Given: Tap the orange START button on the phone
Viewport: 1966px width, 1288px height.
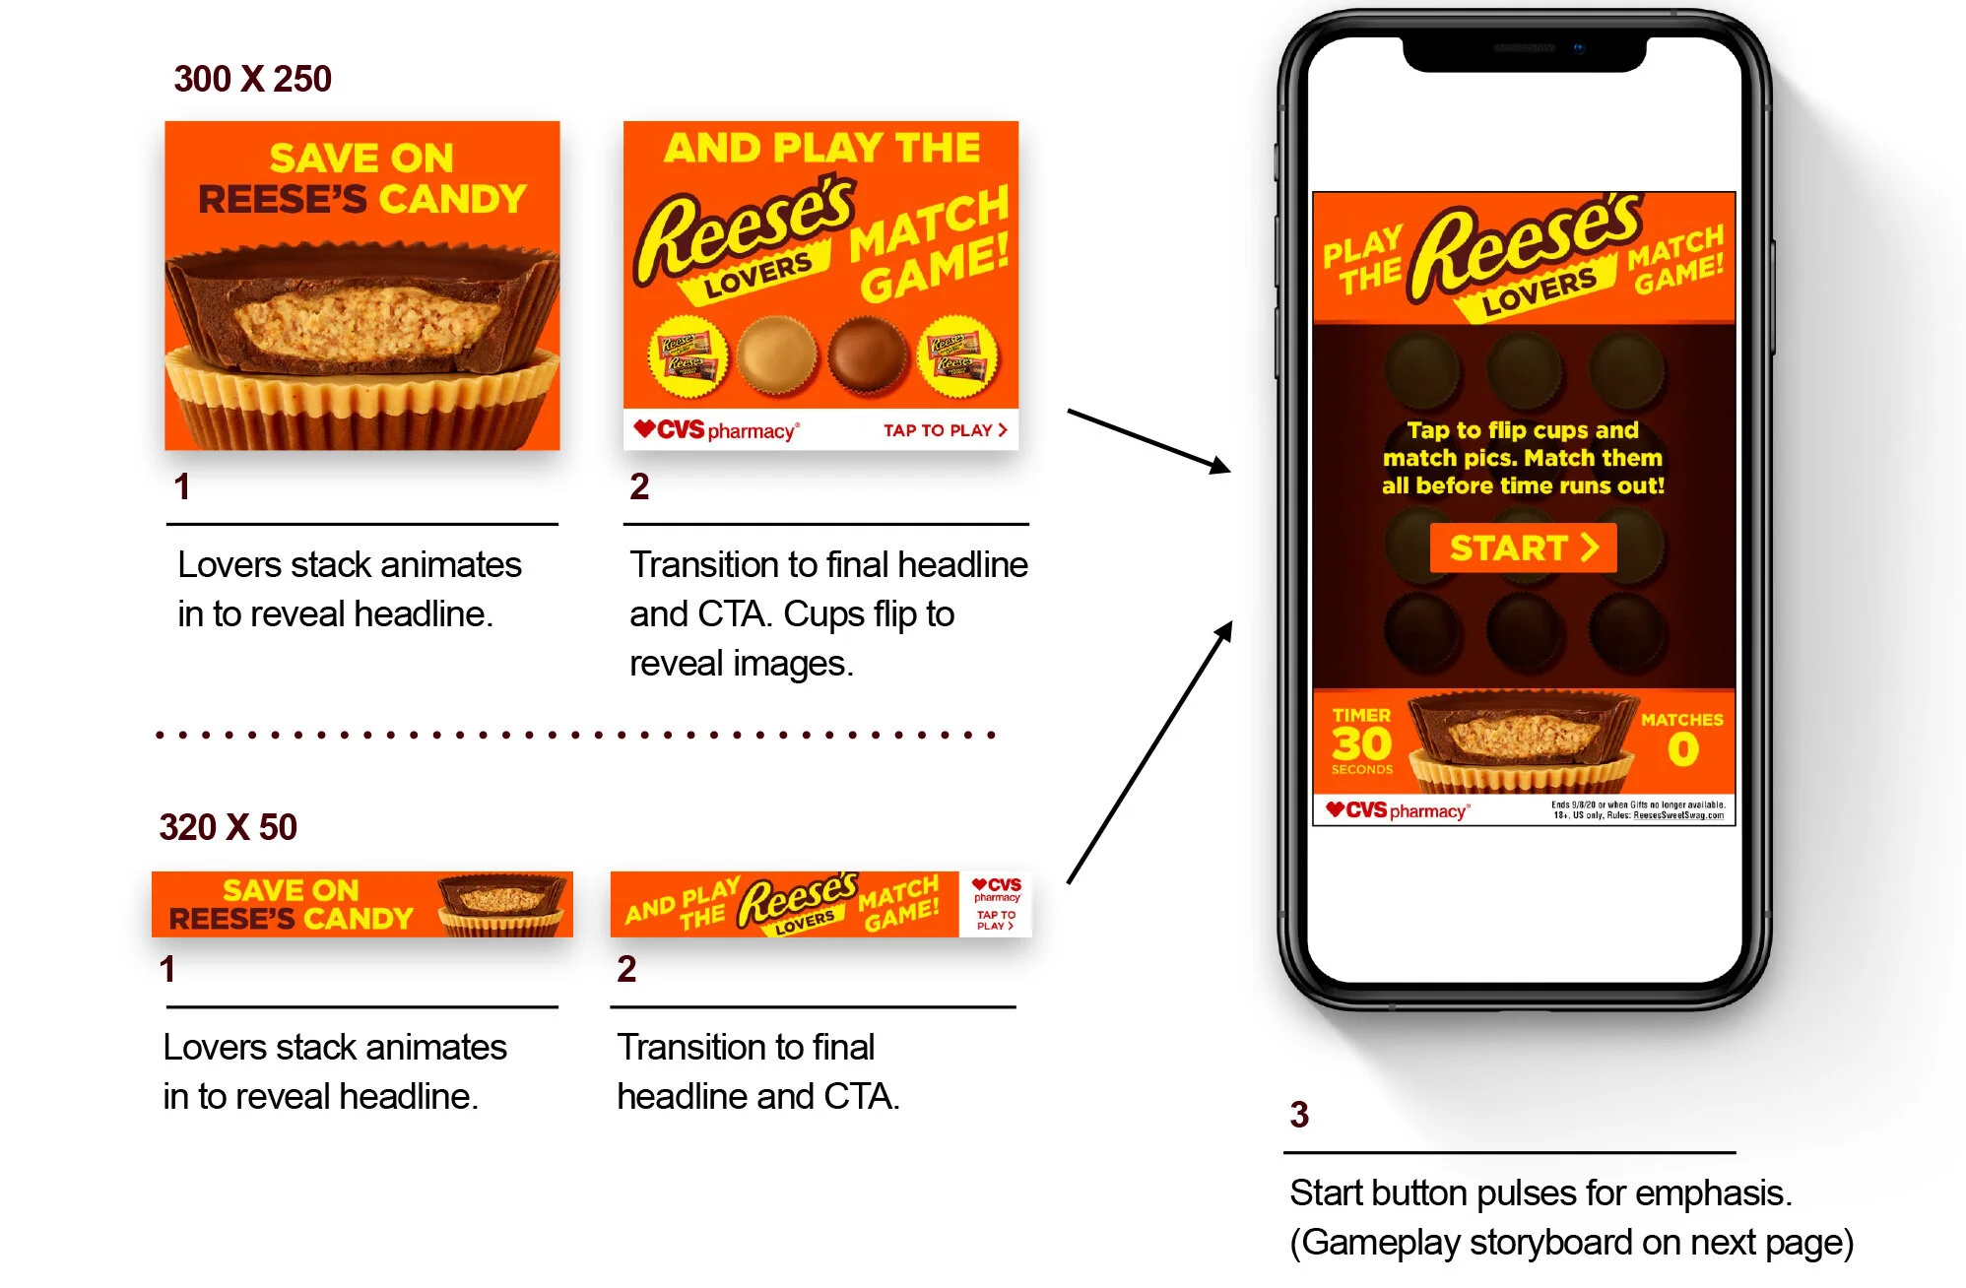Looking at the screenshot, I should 1523,547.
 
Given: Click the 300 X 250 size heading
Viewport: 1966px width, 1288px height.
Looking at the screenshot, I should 252,79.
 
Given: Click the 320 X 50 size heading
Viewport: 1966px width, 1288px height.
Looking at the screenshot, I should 228,827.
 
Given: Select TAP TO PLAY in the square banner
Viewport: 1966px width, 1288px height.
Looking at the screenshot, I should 944,430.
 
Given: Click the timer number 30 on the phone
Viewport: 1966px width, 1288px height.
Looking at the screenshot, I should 1361,743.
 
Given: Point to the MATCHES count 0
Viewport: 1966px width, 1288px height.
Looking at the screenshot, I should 1682,750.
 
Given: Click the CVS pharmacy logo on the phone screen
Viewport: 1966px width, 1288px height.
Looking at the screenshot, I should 1397,810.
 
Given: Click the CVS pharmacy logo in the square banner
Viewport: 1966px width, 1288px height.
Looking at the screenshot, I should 716,430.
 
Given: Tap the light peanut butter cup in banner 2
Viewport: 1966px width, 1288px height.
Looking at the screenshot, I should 777,354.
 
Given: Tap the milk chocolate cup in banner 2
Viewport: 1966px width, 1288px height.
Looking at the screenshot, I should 867,354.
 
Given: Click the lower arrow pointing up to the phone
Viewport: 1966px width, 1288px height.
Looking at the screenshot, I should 1150,753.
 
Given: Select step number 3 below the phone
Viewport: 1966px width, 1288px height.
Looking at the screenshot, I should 1299,1115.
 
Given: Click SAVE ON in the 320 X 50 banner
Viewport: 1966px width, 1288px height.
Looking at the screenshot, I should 291,890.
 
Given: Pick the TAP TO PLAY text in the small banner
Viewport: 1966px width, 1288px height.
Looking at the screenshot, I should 996,920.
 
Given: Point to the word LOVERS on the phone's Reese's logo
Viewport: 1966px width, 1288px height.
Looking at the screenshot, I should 1540,292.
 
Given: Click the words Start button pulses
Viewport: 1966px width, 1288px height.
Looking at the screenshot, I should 1428,1193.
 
